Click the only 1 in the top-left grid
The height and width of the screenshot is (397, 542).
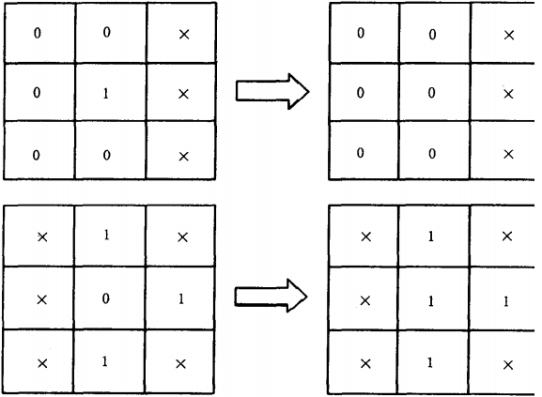[x=106, y=94]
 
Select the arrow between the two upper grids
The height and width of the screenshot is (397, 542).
[x=272, y=91]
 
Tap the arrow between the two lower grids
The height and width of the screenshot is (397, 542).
[x=271, y=296]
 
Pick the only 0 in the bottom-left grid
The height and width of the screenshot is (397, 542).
[x=106, y=298]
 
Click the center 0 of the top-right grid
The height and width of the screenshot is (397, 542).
[x=431, y=93]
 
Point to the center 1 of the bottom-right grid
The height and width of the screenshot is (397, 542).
[x=431, y=301]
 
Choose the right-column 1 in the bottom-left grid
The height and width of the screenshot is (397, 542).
[x=181, y=299]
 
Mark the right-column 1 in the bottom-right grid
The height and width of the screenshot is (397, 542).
[x=506, y=301]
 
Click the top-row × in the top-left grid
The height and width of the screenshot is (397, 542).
[x=184, y=35]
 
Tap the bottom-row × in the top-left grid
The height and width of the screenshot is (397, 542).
[x=183, y=157]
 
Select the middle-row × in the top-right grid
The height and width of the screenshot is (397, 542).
[x=508, y=94]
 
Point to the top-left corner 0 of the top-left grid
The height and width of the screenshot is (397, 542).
[x=37, y=33]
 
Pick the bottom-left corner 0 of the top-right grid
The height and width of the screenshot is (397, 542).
[x=360, y=153]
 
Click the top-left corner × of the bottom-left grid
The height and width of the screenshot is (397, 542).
[x=42, y=237]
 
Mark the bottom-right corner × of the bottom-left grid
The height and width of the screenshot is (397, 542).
[x=180, y=364]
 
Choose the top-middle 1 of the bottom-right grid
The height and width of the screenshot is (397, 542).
[x=431, y=237]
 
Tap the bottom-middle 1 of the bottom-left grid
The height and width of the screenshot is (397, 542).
[x=105, y=361]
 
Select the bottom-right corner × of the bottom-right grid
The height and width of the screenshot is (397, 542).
[x=508, y=365]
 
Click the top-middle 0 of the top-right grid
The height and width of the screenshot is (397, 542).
[x=432, y=35]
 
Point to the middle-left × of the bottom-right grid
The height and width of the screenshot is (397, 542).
[x=365, y=301]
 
